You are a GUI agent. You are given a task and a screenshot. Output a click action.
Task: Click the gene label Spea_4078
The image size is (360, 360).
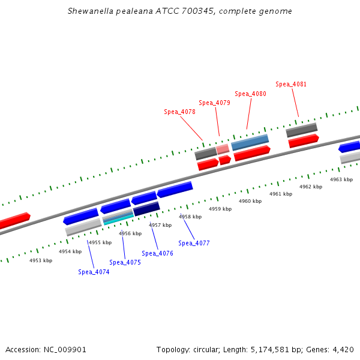179,112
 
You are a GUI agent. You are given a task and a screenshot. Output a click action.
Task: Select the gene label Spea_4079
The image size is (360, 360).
214,103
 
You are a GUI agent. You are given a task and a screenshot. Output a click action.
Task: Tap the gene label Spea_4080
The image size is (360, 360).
250,94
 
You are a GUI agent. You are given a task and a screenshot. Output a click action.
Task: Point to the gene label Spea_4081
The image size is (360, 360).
291,84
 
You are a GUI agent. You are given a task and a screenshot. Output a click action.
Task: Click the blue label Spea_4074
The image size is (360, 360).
94,272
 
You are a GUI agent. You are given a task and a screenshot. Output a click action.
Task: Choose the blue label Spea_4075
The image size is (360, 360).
125,262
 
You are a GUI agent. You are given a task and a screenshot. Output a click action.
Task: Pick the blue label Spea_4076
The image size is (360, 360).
157,253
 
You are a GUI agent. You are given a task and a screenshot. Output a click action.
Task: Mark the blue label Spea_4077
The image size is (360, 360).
194,243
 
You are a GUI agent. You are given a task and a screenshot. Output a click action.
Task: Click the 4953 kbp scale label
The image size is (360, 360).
41,260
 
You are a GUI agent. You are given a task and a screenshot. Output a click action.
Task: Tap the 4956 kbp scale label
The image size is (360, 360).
130,233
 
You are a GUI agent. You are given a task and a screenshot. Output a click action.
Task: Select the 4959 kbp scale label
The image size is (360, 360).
220,209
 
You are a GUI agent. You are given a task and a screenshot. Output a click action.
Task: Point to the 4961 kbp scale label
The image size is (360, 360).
281,194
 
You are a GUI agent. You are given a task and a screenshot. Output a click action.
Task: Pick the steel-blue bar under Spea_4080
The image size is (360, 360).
250,142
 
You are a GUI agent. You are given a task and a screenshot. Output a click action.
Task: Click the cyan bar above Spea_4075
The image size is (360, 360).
118,220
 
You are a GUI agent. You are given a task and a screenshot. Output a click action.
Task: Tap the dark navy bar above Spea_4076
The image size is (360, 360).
146,209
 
